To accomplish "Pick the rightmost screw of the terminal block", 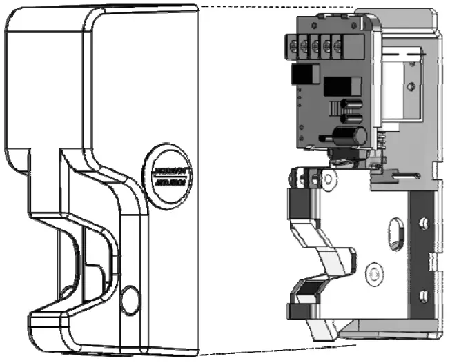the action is point(337,48).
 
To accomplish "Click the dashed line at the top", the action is point(276,6).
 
